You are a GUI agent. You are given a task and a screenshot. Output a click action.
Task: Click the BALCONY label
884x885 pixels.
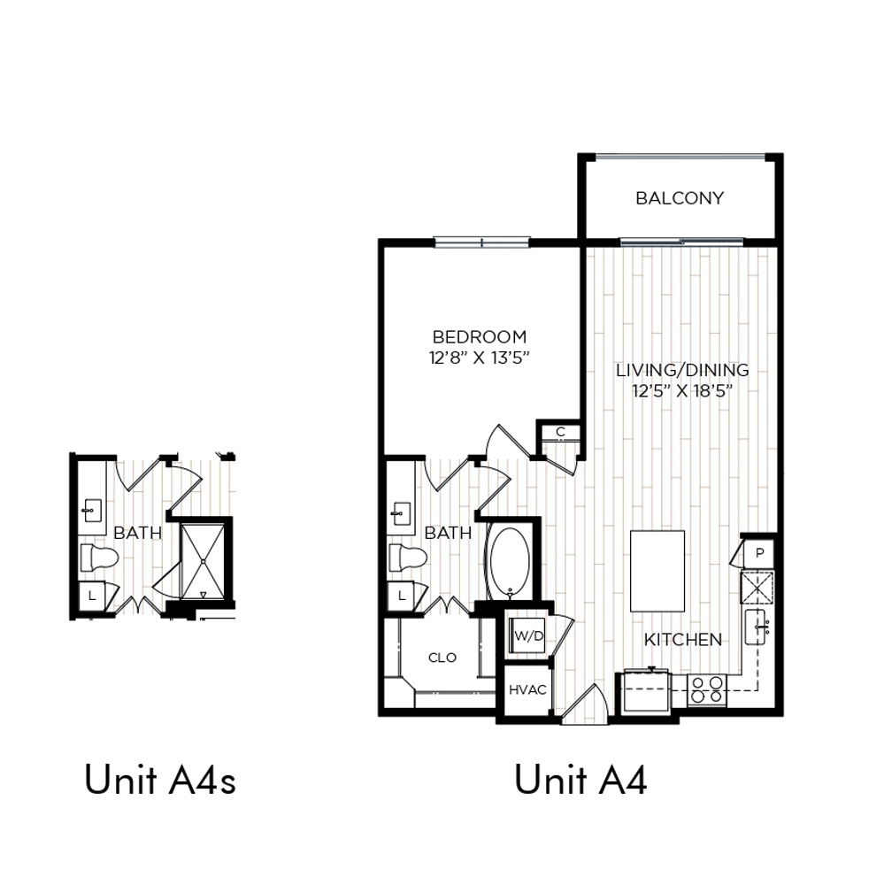679,198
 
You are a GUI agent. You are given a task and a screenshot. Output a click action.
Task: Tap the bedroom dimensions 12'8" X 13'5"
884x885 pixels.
480,358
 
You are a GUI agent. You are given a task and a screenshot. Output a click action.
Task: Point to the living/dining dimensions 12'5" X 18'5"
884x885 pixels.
682,390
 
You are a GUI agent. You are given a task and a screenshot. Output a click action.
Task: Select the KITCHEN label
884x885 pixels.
683,640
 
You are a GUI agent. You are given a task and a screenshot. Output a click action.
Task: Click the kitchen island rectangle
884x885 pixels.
657,571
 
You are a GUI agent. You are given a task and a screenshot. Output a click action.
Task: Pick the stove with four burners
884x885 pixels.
707,689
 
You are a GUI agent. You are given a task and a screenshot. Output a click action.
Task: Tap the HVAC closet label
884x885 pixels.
527,689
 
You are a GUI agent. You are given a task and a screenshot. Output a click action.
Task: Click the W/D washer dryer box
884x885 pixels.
527,635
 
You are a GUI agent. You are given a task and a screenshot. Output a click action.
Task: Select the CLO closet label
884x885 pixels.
442,658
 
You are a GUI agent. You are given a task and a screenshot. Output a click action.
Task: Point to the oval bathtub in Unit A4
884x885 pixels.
510,562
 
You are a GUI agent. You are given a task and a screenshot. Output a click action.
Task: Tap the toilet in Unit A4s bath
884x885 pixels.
99,558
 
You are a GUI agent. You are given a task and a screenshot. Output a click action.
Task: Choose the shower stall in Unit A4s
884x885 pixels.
203,561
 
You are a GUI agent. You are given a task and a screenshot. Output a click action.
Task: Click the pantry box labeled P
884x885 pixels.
759,553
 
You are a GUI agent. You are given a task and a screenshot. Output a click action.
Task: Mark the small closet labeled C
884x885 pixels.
560,433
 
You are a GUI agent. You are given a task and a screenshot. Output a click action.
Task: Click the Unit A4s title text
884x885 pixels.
160,780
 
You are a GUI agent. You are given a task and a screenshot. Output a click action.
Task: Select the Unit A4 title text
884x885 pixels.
580,780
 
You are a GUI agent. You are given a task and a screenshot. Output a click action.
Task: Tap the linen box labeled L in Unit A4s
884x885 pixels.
91,596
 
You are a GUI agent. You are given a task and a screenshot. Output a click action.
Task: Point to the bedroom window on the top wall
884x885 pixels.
482,242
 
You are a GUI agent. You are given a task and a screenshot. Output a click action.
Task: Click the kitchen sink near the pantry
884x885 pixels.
756,627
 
